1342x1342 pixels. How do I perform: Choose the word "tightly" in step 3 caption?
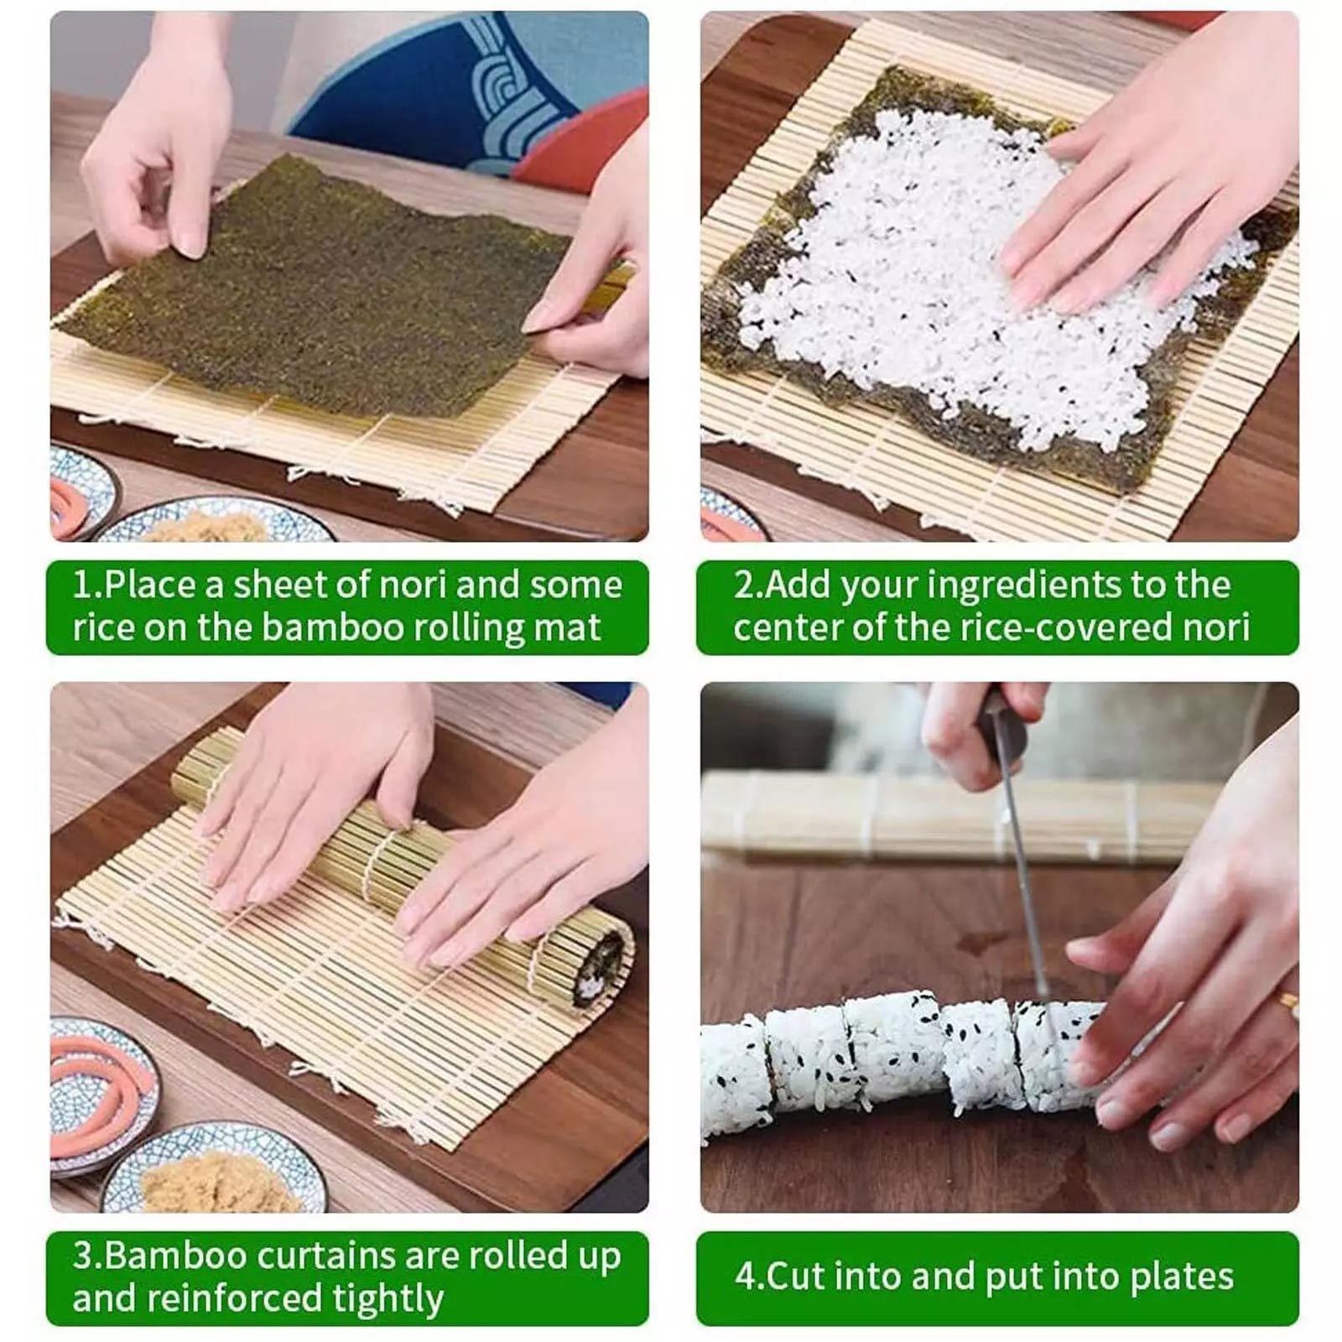click(x=388, y=1299)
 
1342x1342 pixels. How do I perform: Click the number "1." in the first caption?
click(x=87, y=585)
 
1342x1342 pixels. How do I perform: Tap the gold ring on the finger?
click(x=1288, y=1003)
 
